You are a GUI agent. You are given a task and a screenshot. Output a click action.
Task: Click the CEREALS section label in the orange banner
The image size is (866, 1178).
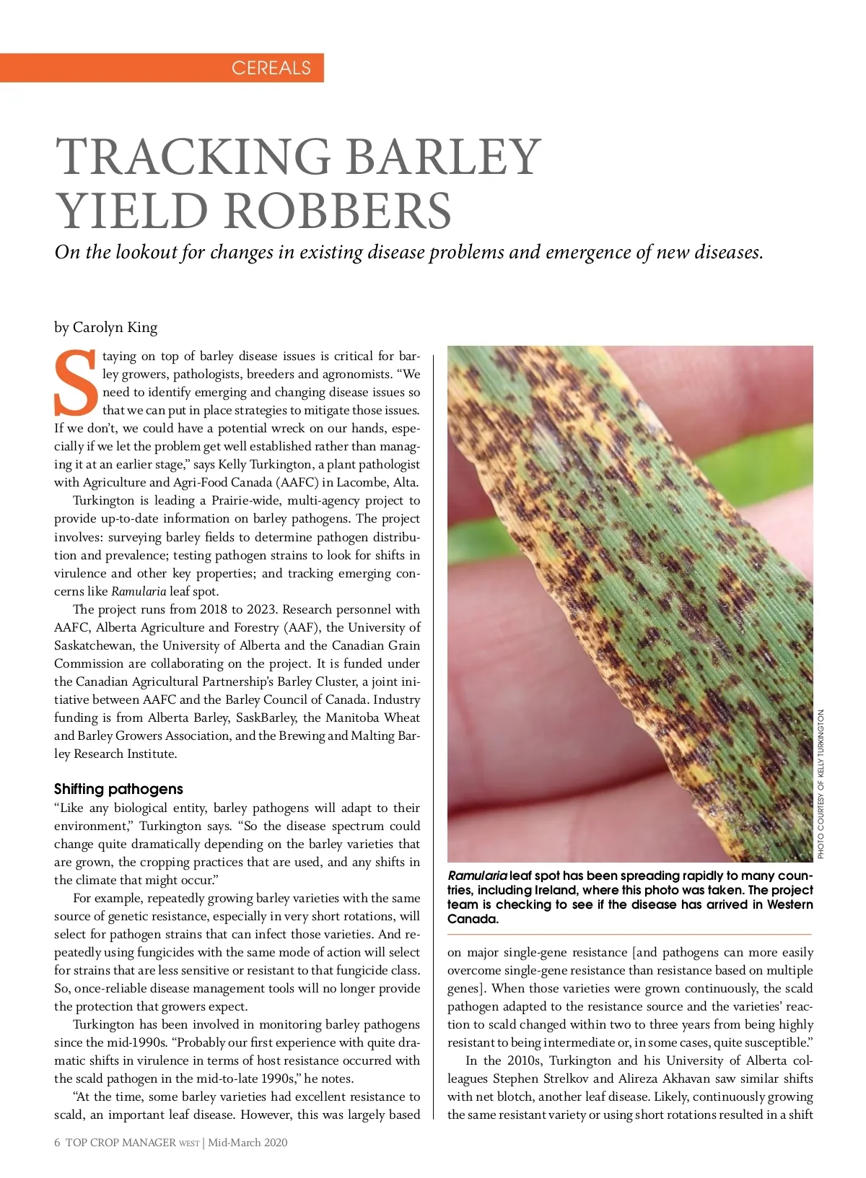click(271, 68)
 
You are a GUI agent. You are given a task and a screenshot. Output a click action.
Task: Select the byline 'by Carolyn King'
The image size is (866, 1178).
click(105, 328)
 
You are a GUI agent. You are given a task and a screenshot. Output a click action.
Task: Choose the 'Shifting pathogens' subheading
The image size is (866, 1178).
click(118, 789)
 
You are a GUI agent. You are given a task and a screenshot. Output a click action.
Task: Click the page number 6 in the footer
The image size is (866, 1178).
click(57, 1142)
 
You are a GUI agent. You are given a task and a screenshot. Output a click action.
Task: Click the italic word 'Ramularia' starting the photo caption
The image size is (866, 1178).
click(477, 876)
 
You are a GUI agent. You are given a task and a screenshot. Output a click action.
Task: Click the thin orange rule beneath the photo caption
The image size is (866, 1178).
click(629, 935)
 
